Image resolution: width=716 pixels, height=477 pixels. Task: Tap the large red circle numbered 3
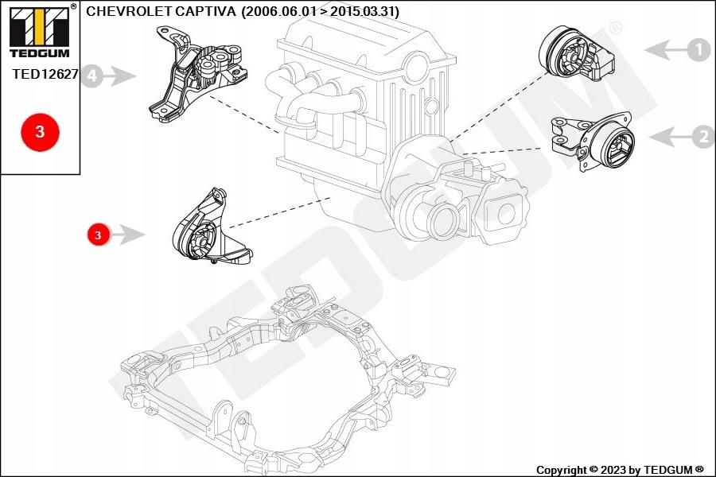pos(40,132)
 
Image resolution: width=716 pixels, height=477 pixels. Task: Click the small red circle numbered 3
pos(98,235)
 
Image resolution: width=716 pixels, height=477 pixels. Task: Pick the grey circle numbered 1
pos(698,50)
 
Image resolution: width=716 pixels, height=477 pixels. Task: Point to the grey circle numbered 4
pos(92,76)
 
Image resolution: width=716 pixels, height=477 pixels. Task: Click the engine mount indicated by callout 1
pos(575,54)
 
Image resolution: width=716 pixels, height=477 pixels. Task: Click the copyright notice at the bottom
pos(619,470)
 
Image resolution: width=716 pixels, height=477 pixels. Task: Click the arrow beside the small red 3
pos(129,235)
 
